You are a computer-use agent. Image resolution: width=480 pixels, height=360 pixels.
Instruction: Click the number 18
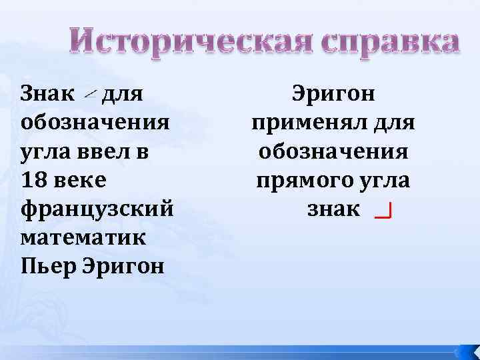33,181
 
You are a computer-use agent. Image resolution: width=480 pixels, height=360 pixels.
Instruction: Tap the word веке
79,181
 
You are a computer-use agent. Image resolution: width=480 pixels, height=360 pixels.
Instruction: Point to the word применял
307,123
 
